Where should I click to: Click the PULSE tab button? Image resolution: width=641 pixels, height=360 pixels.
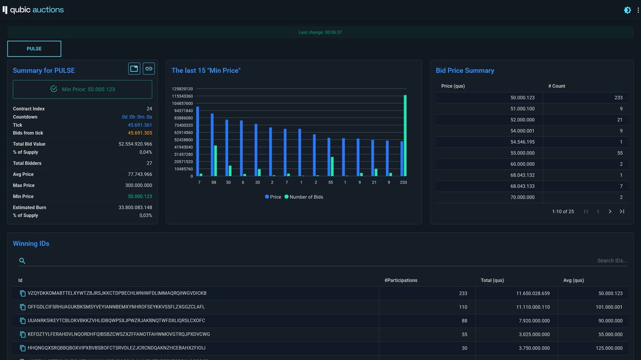[x=34, y=49]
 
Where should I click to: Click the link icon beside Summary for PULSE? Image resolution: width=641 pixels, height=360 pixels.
[x=148, y=68]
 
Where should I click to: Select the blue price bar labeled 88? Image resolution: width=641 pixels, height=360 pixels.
[x=212, y=145]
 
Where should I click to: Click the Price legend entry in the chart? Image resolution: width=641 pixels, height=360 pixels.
[x=273, y=197]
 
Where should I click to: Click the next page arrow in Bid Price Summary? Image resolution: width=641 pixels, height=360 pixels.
[x=610, y=212]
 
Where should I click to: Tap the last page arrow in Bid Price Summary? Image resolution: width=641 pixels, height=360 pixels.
[x=622, y=212]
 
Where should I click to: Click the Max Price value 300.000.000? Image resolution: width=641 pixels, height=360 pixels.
[x=136, y=185]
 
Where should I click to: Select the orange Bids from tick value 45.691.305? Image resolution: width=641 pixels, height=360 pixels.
[x=140, y=133]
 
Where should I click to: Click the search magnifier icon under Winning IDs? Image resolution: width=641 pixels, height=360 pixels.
[x=22, y=261]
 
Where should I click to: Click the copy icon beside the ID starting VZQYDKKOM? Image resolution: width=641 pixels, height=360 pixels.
[x=22, y=293]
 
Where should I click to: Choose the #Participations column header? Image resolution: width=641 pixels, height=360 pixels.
[x=401, y=280]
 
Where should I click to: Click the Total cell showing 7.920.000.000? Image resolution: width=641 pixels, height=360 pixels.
[x=533, y=321]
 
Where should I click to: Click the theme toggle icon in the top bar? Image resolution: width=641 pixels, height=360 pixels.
[x=627, y=10]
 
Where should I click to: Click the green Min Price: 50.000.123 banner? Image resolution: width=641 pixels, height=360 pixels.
[x=82, y=89]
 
